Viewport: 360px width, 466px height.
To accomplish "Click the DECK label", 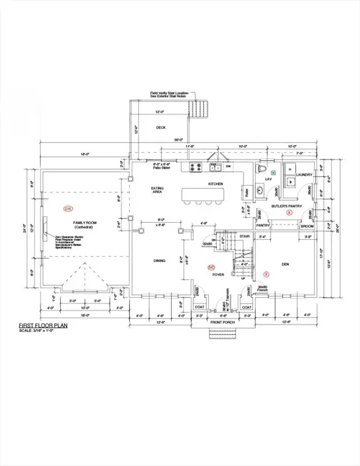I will (x=160, y=127).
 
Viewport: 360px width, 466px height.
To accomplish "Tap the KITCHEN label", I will (x=216, y=183).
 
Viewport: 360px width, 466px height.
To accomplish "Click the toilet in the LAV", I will (x=262, y=168).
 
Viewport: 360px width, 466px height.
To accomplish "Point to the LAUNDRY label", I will (x=304, y=175).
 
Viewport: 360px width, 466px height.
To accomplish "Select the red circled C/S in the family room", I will (x=67, y=208).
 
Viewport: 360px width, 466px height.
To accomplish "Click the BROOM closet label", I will (x=308, y=226).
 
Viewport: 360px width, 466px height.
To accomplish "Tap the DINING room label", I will (x=159, y=262).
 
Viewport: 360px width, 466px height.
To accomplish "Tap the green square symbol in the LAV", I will (x=273, y=173).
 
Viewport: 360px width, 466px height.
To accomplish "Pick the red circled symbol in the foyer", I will (x=211, y=267).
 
